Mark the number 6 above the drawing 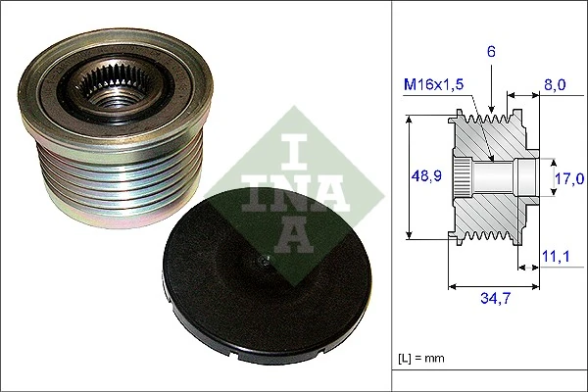(492, 49)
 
